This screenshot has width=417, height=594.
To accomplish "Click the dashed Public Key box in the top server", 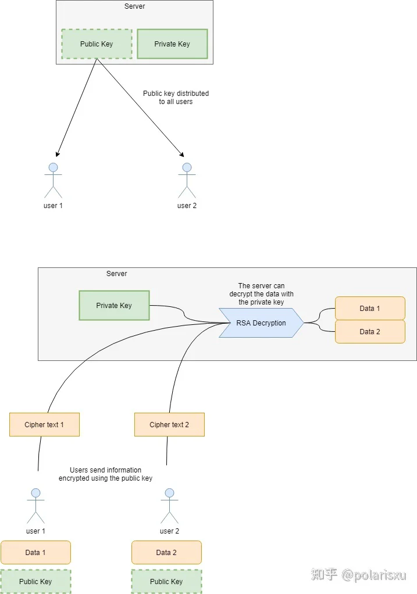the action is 97,44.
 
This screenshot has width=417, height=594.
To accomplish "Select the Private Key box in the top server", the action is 172,44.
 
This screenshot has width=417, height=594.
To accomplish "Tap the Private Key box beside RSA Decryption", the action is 114,305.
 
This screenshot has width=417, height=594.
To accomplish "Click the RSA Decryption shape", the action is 261,323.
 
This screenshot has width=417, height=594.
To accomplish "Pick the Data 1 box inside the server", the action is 370,309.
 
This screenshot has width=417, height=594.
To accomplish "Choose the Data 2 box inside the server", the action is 370,331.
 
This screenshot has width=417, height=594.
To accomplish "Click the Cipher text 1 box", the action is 44,425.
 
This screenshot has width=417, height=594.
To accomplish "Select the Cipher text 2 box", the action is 169,425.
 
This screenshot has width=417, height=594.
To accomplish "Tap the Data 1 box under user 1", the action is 35,552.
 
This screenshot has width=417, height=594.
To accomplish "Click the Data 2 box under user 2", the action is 166,552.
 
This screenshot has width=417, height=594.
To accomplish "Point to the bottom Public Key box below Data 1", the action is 35,581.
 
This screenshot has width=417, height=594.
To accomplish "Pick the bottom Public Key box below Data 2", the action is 166,581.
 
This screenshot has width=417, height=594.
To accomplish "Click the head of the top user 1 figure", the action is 54,167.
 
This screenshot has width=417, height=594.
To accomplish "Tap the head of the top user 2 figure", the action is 187,167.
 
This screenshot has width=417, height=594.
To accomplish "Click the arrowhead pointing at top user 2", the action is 182,155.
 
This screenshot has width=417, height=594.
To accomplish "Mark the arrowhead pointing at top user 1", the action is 57,154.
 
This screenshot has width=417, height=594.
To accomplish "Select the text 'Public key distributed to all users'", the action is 176,98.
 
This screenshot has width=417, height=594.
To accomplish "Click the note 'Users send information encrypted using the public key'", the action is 105,474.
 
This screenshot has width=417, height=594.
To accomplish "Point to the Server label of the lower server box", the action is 117,274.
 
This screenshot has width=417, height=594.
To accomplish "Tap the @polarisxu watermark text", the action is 374,575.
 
